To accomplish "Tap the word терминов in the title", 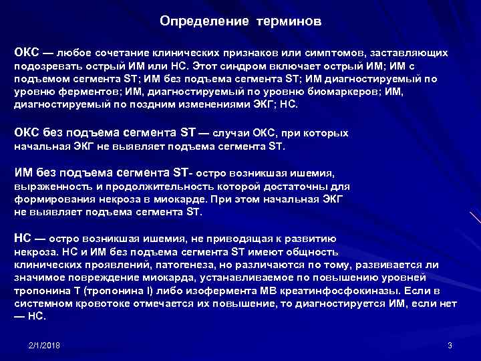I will pos(288,21).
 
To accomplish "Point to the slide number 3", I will pos(450,346).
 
